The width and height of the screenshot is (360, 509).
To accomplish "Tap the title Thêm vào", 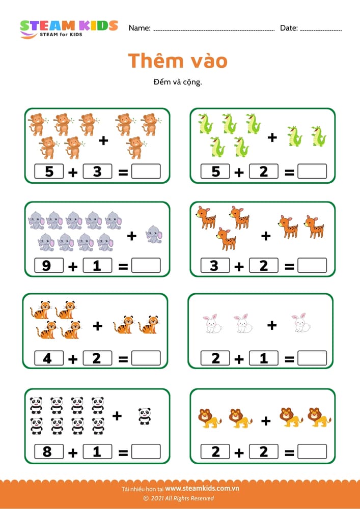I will tap(178, 61).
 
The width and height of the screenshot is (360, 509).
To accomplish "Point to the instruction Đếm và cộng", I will tap(178, 81).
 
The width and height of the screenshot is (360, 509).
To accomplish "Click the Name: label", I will tap(140, 28).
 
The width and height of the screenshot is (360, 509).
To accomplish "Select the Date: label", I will tap(289, 28).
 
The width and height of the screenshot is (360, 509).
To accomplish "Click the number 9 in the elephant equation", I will tap(47, 266).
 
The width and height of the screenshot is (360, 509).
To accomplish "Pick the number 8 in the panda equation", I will tap(47, 451).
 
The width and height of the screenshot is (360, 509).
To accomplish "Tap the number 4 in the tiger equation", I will tap(47, 358).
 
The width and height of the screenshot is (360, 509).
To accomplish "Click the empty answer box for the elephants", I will tap(146, 265).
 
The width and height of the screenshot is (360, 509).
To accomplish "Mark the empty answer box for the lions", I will tap(312, 451).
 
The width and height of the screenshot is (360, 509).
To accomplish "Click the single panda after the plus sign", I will tap(145, 416).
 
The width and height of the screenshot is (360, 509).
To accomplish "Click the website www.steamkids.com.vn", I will tap(202, 489).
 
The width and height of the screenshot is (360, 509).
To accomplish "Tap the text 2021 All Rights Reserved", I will tap(182, 498).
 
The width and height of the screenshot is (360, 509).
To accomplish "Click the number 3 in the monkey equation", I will tap(97, 172).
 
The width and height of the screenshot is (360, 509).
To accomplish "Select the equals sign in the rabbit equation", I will tap(289, 359).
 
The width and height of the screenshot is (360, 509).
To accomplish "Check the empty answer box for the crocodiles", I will tap(312, 172).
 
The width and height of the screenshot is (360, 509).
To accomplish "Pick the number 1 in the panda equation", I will tap(97, 451).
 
